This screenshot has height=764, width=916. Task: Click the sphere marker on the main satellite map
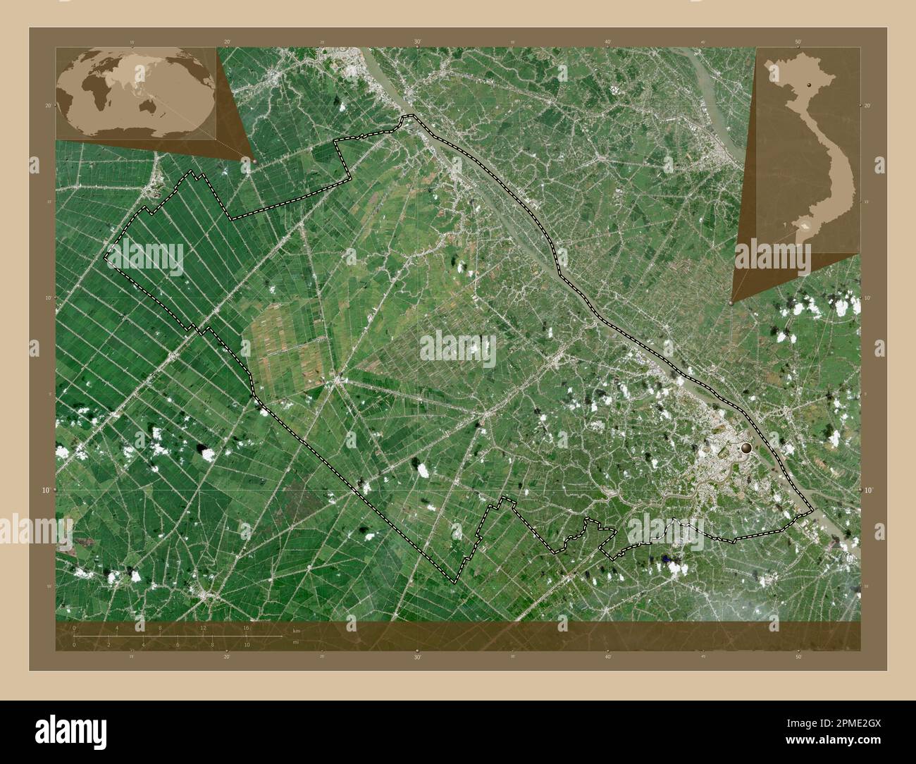tap(747, 447)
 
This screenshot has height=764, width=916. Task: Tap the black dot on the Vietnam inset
tap(810, 85)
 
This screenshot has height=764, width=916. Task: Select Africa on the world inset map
tap(92, 90)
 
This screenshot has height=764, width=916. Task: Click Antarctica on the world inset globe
tap(134, 133)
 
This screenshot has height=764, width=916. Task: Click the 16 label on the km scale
tap(246, 627)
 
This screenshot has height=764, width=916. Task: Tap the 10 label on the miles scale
tap(246, 644)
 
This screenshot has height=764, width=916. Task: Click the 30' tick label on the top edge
tap(417, 42)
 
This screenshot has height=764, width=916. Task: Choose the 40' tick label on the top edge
tap(607, 42)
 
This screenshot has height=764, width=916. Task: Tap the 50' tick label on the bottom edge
tap(798, 657)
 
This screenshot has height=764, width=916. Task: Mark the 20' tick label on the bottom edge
tap(227, 657)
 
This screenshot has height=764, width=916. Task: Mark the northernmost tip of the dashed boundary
tap(407, 116)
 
